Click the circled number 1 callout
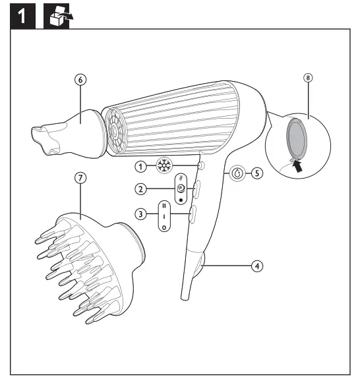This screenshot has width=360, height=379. point(140,167)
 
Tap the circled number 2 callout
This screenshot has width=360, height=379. point(140,189)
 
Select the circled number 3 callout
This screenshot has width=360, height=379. point(140,214)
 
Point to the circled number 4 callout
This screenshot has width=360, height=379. point(257,266)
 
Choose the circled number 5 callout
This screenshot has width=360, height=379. point(257,173)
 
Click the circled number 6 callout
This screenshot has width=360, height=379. point(80,80)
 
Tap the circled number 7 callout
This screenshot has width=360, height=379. point(80,178)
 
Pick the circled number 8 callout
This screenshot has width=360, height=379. point(308,78)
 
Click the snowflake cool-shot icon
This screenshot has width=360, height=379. point(164,166)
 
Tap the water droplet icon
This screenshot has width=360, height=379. point(237,173)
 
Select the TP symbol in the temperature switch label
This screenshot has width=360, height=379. point(181,189)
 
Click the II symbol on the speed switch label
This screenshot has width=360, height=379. point(164,206)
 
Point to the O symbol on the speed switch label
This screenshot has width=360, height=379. point(164,227)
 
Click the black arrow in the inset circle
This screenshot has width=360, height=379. point(297,166)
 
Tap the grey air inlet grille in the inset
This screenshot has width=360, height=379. point(297,137)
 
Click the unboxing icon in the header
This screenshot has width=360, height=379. point(61,16)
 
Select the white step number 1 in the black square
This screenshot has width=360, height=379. point(22,16)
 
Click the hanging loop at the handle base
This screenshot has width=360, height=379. point(201,264)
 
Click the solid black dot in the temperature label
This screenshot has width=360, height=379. point(181,200)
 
